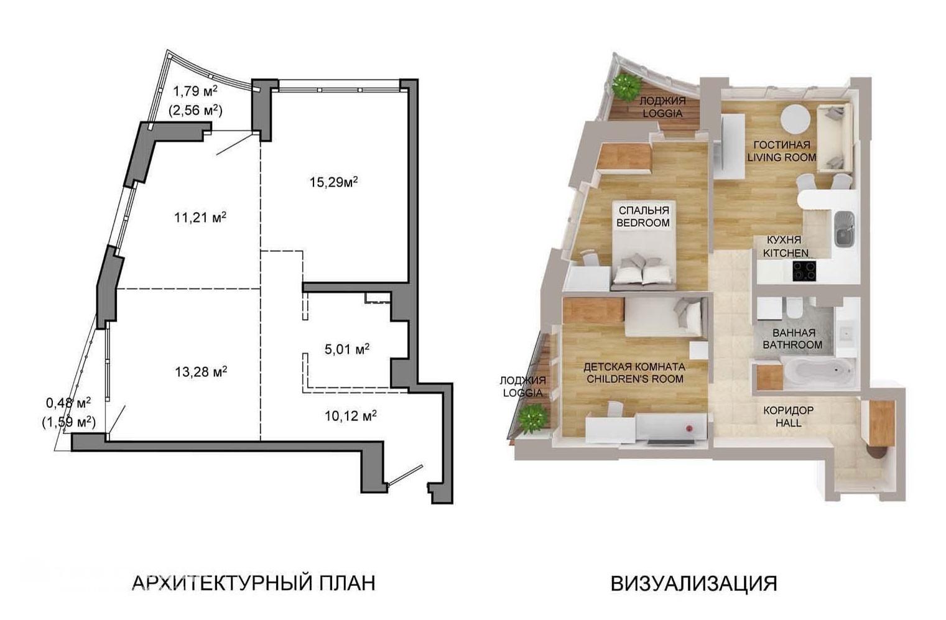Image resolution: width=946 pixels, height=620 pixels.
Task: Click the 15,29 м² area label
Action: pyautogui.click(x=333, y=182)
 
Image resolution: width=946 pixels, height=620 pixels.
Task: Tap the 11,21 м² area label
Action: pyautogui.click(x=200, y=218)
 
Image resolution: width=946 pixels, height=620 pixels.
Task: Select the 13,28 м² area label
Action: pyautogui.click(x=201, y=372)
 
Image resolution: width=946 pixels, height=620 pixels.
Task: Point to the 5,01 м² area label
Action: pyautogui.click(x=347, y=349)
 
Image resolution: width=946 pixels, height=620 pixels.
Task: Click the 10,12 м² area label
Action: pyautogui.click(x=351, y=416)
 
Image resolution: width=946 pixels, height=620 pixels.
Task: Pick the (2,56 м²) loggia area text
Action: pyautogui.click(x=195, y=111)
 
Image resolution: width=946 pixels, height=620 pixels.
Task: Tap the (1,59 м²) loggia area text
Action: pyautogui.click(x=68, y=422)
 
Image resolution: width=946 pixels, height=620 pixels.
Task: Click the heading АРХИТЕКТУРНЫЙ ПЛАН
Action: pyautogui.click(x=254, y=583)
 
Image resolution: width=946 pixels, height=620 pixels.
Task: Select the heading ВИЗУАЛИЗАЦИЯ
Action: pyautogui.click(x=694, y=583)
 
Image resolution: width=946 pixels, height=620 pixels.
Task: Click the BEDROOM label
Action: pyautogui.click(x=643, y=223)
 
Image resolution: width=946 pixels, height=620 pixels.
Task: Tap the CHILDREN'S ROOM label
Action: pyautogui.click(x=635, y=379)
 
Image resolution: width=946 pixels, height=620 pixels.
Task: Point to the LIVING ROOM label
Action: pyautogui.click(x=782, y=157)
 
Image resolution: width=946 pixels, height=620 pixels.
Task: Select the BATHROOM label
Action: pyautogui.click(x=792, y=345)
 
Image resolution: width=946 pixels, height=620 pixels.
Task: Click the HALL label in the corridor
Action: pyautogui.click(x=789, y=422)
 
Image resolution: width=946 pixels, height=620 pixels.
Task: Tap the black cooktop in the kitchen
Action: pyautogui.click(x=804, y=271)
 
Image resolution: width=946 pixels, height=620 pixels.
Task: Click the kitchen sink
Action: pyautogui.click(x=844, y=229)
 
